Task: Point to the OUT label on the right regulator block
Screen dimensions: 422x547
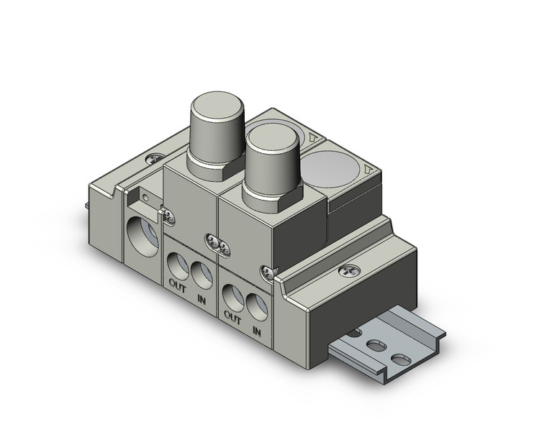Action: point(232,316)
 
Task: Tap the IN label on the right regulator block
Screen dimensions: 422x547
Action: point(257,331)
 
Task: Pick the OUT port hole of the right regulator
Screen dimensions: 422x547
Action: point(233,295)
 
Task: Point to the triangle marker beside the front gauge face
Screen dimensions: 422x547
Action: point(368,170)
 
